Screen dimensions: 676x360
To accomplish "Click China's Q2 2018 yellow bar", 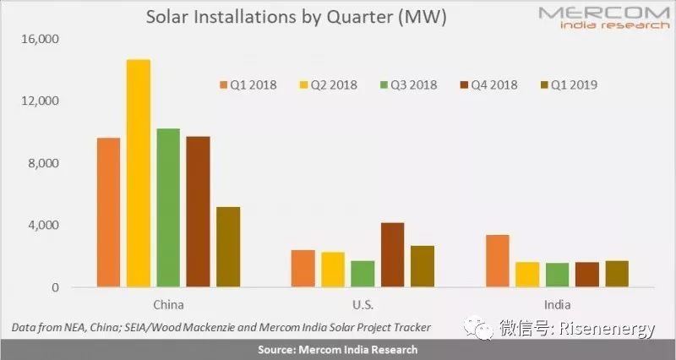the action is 139,173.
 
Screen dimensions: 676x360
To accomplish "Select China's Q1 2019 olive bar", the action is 228,247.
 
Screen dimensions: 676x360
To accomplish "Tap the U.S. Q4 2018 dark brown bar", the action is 393,254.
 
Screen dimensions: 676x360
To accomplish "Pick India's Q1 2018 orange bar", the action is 498,261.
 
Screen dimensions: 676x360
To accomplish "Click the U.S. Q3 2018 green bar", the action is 363,274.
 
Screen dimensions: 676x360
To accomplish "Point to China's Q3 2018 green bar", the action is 168,207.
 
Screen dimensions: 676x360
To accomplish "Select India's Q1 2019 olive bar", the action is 617,274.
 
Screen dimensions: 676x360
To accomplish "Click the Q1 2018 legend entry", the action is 248,85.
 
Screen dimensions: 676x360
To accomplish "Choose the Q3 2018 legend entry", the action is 409,85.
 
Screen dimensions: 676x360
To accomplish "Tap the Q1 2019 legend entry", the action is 569,85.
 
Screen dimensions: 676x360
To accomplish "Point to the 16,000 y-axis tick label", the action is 40,39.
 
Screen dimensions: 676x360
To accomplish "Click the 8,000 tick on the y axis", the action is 43,163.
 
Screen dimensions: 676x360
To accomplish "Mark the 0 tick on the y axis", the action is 55,287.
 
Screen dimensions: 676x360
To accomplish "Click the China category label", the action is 168,305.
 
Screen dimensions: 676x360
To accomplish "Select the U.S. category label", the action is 363,305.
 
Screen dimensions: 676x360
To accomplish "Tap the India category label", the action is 558,305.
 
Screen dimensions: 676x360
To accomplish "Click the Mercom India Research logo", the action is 604,17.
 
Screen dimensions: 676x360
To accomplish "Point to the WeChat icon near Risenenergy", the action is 479,328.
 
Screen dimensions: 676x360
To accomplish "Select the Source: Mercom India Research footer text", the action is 337,350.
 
